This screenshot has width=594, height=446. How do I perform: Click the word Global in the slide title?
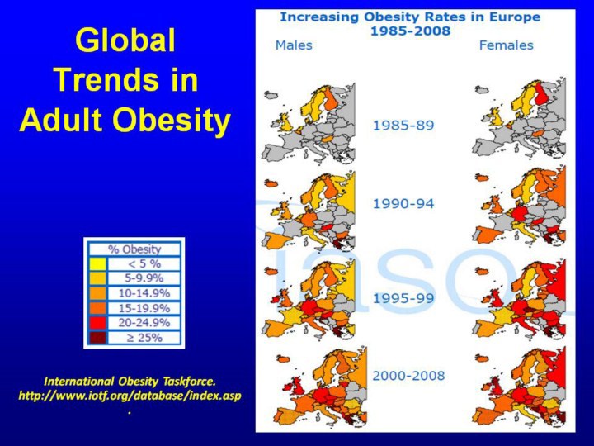tap(125, 41)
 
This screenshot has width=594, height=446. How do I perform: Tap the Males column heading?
tap(294, 45)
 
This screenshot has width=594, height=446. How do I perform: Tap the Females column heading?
tap(506, 45)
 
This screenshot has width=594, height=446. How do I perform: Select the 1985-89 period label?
tap(403, 126)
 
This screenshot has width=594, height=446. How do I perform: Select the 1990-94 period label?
tap(403, 202)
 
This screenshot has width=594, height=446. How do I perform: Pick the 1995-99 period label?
tap(403, 298)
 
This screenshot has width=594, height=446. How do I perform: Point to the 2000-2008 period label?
tap(408, 376)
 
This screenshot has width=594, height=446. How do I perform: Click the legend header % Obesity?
tap(135, 249)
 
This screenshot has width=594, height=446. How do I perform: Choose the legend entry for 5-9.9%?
tap(142, 278)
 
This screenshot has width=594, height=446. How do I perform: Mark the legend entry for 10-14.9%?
tap(142, 292)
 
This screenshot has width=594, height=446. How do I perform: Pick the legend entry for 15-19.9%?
tap(142, 307)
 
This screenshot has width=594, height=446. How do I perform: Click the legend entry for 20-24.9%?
tap(142, 322)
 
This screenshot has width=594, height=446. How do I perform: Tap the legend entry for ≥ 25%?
tap(142, 337)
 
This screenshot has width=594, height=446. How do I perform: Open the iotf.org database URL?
tap(130, 396)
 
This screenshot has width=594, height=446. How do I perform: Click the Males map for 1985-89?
tap(309, 124)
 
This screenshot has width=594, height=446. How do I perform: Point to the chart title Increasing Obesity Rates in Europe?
tap(410, 17)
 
